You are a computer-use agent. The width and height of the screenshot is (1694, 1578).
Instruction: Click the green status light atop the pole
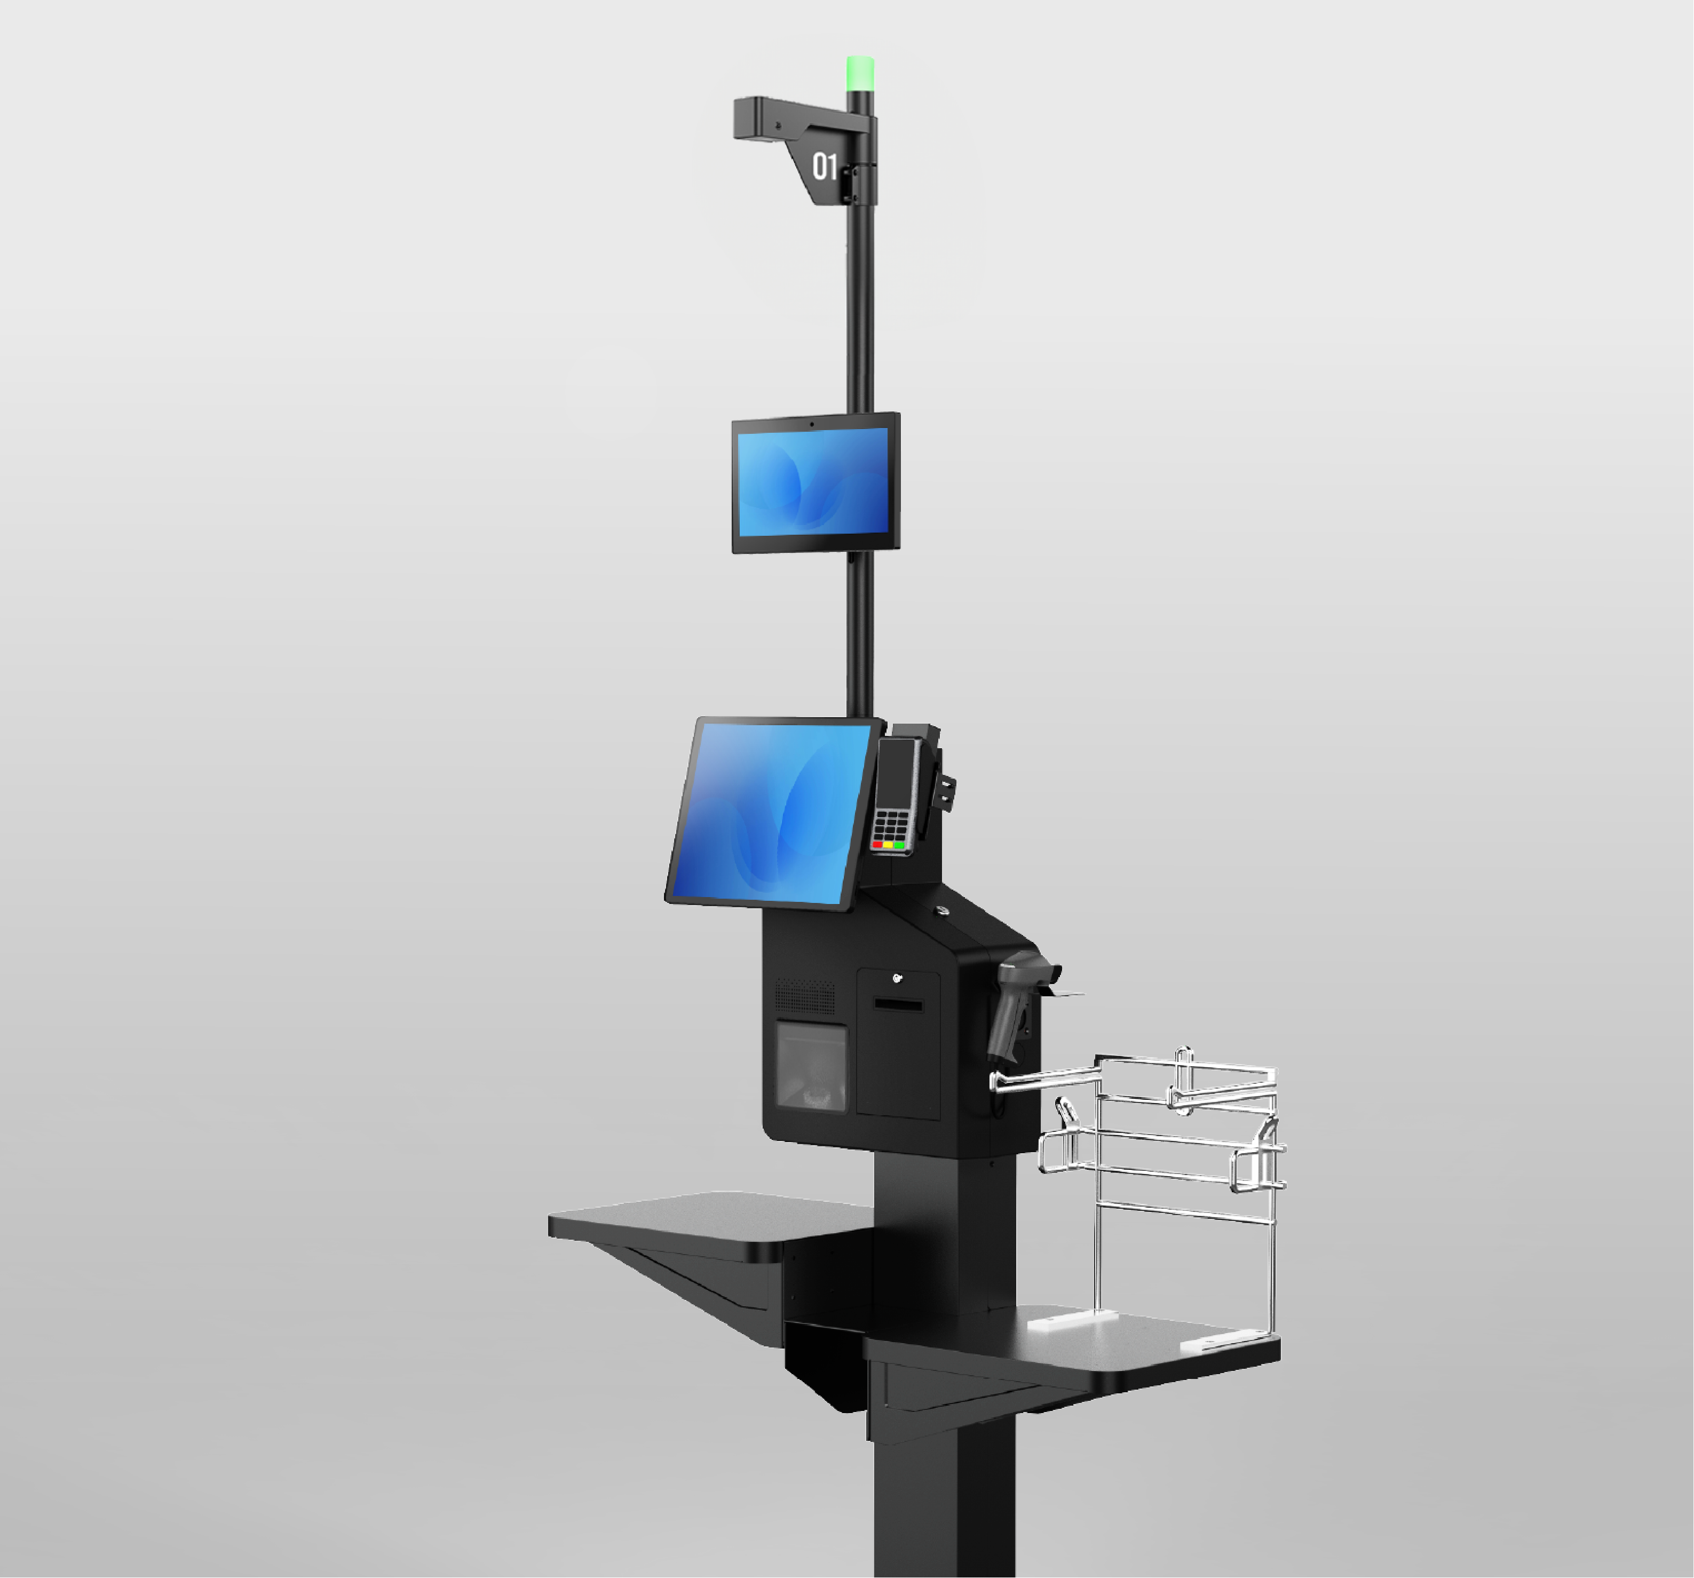tap(860, 73)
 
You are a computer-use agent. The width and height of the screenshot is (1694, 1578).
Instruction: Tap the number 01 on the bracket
tap(824, 166)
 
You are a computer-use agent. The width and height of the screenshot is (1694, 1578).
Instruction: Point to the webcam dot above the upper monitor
tap(811, 424)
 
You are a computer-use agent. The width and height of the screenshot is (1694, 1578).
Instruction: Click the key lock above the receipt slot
tap(897, 978)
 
